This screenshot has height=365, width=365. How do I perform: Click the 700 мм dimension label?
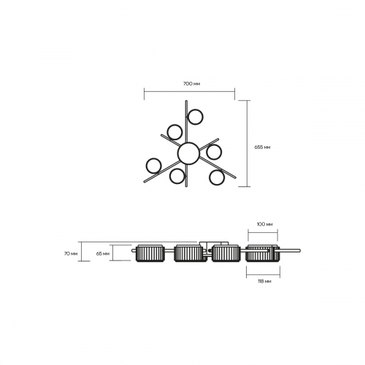[x=191, y=84]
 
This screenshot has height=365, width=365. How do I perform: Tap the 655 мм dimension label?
[x=262, y=147]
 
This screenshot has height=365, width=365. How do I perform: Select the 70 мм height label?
[x=71, y=253]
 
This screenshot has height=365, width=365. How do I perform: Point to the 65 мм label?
[x=103, y=253]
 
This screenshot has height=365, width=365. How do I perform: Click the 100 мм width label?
[x=264, y=224]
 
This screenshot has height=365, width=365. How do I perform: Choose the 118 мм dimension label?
[x=264, y=281]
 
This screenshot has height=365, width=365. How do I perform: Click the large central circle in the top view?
[x=188, y=153]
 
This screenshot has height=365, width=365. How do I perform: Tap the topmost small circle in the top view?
[x=195, y=117]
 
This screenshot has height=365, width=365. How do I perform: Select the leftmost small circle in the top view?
[x=153, y=166]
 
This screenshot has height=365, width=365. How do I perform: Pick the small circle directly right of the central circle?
[x=214, y=152]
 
